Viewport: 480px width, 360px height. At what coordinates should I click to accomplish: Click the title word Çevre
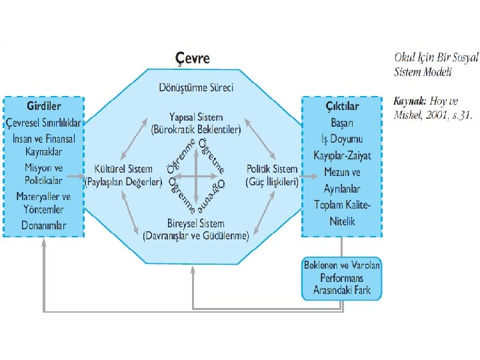coord(192,58)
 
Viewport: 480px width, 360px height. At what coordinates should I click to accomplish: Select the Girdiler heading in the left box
coord(44,107)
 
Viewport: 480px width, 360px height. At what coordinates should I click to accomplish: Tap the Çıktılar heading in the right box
coord(342,107)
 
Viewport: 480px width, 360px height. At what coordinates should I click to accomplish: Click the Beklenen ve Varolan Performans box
coord(341,277)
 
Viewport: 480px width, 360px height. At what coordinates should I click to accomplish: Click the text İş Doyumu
coord(342,139)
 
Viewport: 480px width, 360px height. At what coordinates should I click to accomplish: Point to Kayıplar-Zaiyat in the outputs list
coord(342,156)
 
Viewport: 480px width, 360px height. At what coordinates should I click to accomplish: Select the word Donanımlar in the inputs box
coord(44,225)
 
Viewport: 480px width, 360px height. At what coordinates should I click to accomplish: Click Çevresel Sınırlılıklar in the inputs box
coord(44,123)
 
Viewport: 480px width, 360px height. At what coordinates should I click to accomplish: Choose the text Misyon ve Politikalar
coord(44,175)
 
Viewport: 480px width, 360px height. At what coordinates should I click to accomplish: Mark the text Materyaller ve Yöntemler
coord(44,203)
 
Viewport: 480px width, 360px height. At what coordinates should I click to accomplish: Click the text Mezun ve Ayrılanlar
coord(342,180)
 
